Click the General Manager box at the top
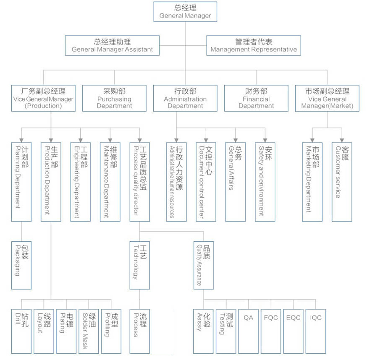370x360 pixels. [185, 12]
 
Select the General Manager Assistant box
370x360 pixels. [112, 45]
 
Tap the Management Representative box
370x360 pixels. [254, 45]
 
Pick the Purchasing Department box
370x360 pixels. [114, 98]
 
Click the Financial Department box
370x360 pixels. [256, 98]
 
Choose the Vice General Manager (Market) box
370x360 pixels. [327, 98]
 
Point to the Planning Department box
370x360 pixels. [21, 182]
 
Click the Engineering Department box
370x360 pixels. [81, 182]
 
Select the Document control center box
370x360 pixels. [206, 182]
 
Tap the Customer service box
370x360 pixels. [342, 182]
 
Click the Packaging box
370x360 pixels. [21, 265]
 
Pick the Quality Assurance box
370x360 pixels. [204, 265]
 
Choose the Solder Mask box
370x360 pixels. [89, 331]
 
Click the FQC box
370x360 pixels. [271, 331]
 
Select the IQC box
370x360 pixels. [316, 331]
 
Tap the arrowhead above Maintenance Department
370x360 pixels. [110, 140]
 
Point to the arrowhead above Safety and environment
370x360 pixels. [265, 140]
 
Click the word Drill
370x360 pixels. [18, 319]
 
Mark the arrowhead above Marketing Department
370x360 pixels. [312, 140]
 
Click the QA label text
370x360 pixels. [248, 318]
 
